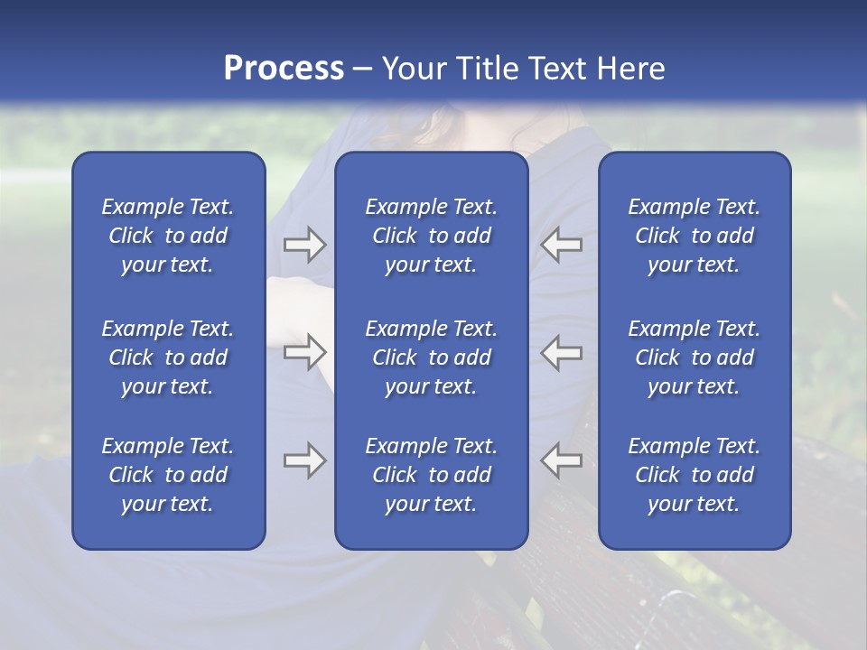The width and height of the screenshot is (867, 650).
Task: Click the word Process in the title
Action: [x=284, y=69]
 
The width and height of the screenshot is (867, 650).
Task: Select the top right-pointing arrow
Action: [x=304, y=245]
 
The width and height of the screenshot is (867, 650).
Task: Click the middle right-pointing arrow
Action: [x=304, y=352]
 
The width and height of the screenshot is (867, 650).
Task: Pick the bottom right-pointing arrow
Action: [x=304, y=460]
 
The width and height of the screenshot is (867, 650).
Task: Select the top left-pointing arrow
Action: [x=561, y=245]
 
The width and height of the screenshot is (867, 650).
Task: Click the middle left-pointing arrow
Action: [x=561, y=352]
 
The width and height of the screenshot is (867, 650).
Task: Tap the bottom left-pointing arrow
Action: [x=561, y=460]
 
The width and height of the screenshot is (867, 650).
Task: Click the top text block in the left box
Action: [x=168, y=236]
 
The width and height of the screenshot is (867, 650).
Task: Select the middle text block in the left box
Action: [x=168, y=357]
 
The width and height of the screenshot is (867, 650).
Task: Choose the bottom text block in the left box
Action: [x=168, y=475]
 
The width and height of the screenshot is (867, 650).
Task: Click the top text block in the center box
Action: [x=432, y=236]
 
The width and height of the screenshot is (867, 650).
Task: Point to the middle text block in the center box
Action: [x=432, y=357]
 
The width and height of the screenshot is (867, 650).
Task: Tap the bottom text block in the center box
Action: [x=432, y=475]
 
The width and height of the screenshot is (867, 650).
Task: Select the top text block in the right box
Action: [x=695, y=236]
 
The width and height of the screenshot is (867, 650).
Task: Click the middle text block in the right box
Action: [x=695, y=357]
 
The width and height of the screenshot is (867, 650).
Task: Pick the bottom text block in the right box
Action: [x=695, y=475]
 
